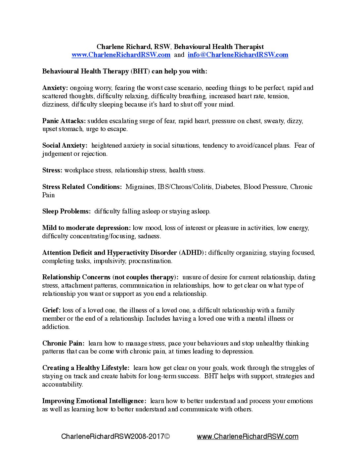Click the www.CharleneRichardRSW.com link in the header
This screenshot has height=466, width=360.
(121, 55)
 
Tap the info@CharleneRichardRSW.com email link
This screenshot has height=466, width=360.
(238, 55)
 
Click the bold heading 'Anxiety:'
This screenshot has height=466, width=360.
(55, 88)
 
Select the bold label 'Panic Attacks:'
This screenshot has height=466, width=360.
(64, 121)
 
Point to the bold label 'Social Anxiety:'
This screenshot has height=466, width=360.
(65, 145)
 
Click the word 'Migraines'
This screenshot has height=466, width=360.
(140, 187)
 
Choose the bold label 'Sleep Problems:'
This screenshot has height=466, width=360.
(66, 211)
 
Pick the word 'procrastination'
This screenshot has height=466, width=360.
(150, 261)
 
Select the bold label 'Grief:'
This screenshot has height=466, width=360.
(51, 310)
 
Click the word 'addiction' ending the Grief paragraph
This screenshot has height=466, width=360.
(56, 327)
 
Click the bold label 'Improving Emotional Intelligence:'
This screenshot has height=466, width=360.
(94, 401)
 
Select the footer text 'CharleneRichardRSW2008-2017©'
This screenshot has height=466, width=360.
(115, 437)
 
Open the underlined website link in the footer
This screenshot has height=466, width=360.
(247, 437)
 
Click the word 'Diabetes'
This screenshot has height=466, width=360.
(228, 187)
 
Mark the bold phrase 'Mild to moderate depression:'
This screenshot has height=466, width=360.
(86, 228)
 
